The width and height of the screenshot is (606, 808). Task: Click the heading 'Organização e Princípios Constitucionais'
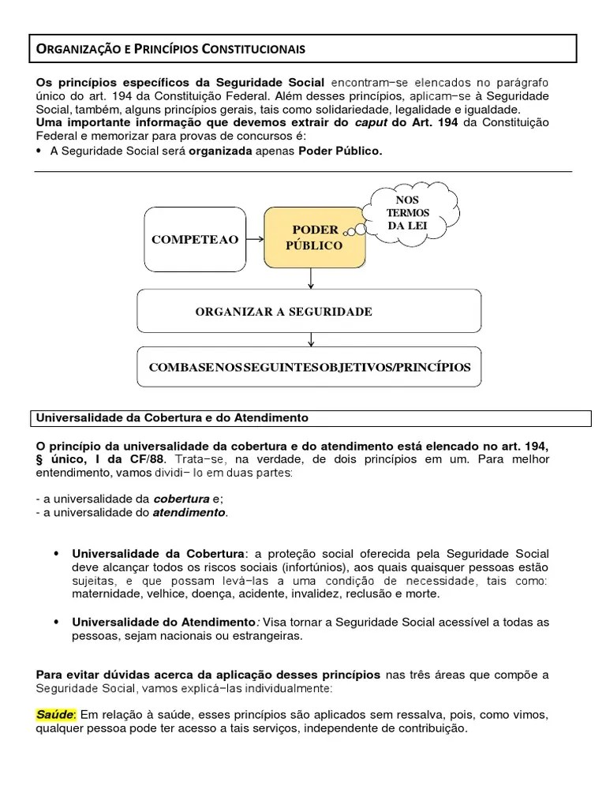(171, 50)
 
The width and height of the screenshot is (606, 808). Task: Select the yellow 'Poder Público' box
(315, 238)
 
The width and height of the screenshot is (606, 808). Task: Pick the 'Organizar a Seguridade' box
(309, 311)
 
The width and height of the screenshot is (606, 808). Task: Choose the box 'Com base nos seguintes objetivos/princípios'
(309, 367)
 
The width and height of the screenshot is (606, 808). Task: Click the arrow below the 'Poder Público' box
(312, 279)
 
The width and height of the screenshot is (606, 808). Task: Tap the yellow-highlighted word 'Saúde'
(55, 715)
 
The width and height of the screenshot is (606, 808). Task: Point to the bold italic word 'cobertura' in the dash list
(181, 499)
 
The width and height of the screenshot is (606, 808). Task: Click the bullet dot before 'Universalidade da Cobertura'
(55, 554)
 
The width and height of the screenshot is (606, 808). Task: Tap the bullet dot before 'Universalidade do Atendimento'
(55, 622)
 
